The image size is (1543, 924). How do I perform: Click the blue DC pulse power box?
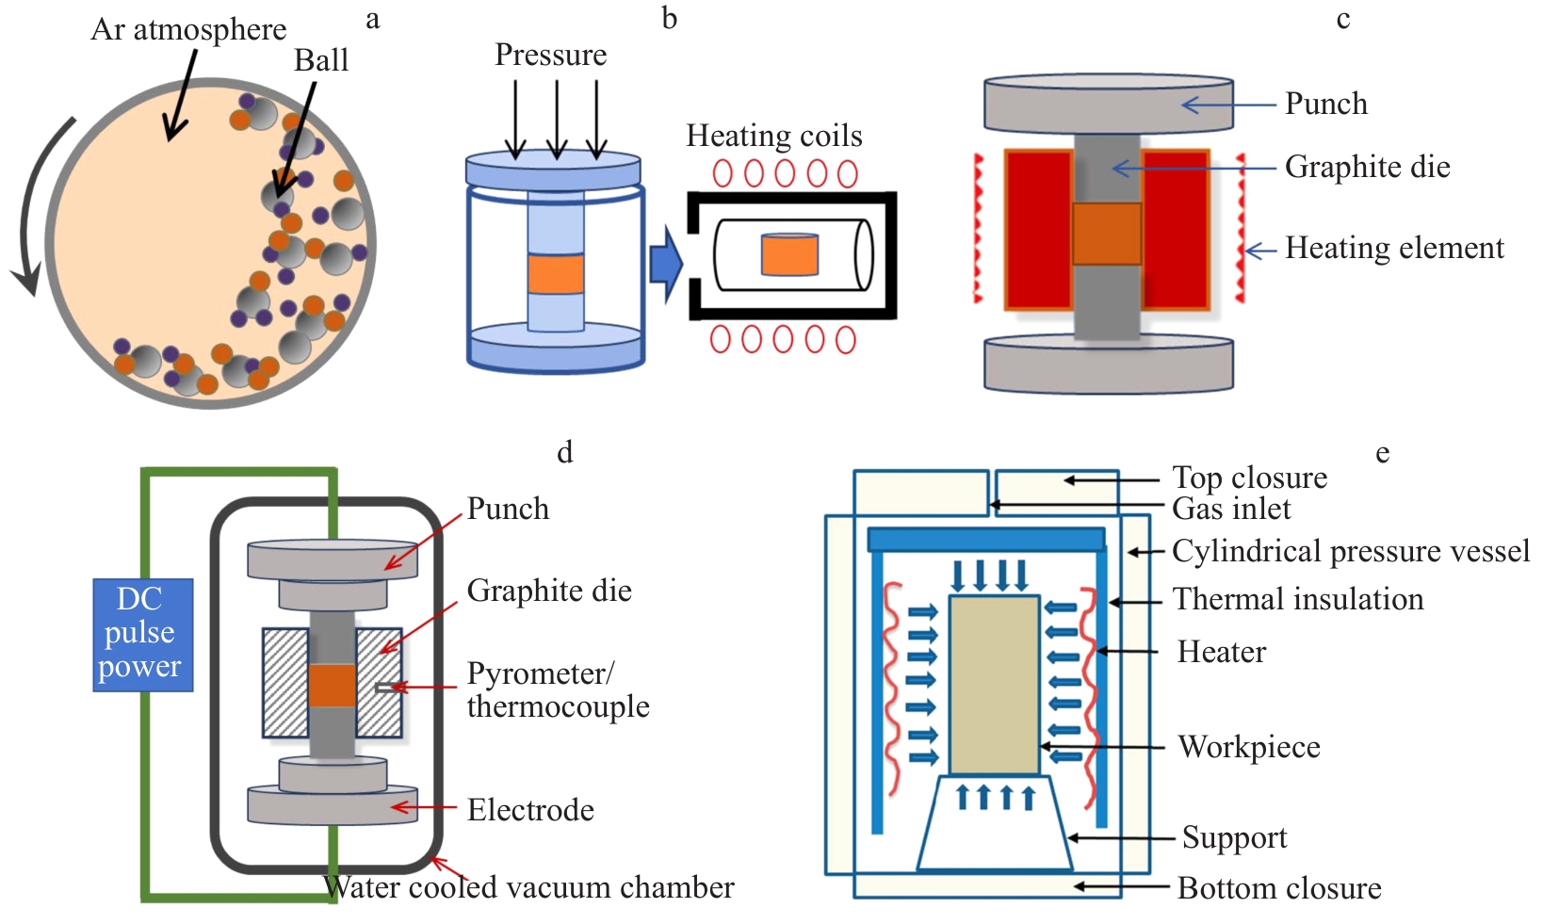(x=142, y=634)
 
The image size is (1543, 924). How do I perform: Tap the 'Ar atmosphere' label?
(x=188, y=29)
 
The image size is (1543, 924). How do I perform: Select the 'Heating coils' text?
(x=773, y=136)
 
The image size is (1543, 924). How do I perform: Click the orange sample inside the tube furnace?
(x=789, y=254)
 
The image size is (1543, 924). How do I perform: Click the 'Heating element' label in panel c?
(x=1393, y=248)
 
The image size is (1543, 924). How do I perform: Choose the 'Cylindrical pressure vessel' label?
(x=1350, y=551)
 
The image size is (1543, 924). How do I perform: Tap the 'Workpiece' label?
(x=1248, y=747)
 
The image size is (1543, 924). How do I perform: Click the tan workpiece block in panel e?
(x=994, y=684)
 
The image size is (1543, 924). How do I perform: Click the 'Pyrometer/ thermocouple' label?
(x=557, y=689)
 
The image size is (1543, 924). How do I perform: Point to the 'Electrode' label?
(x=530, y=810)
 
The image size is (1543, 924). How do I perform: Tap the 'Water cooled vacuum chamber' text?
(x=528, y=887)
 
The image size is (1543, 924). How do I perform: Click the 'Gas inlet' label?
(x=1230, y=509)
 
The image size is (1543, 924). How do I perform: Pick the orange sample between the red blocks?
(x=1106, y=233)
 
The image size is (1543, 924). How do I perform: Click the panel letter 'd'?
(x=564, y=452)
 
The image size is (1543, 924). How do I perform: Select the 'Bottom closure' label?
(x=1278, y=888)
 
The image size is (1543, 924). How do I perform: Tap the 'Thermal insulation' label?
(x=1297, y=599)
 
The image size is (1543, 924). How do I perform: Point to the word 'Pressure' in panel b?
(x=550, y=55)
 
